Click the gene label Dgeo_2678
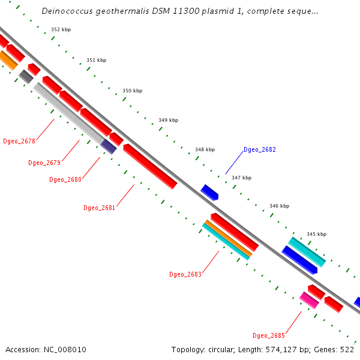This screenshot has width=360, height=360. (x=19, y=142)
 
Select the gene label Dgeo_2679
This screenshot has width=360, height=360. (x=44, y=163)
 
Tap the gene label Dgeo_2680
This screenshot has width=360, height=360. (x=65, y=179)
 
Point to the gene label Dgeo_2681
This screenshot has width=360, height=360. (x=100, y=208)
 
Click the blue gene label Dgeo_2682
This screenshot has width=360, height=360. (x=260, y=149)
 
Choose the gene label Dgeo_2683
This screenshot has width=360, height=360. (x=185, y=274)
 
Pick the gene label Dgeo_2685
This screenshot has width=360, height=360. (x=269, y=335)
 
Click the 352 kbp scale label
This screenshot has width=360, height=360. (x=61, y=29)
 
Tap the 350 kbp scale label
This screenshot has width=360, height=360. (x=133, y=91)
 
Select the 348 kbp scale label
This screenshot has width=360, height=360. (x=205, y=149)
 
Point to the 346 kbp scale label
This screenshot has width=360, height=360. (x=279, y=206)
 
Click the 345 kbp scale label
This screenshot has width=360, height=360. (x=316, y=234)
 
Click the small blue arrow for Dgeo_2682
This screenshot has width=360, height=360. (x=209, y=192)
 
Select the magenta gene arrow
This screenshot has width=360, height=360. (x=309, y=299)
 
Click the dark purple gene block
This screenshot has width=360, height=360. (x=109, y=146)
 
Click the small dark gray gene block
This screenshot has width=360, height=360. (x=26, y=76)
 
